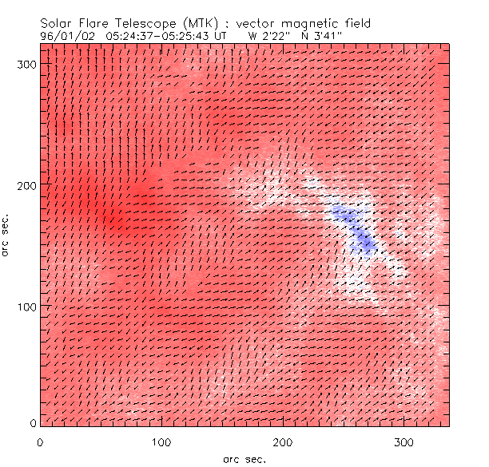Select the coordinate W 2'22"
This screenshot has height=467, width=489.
tap(268, 35)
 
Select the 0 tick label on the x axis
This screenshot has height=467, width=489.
tap(40, 441)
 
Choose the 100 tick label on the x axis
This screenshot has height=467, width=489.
tap(161, 441)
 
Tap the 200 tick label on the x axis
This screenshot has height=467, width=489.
tap(283, 441)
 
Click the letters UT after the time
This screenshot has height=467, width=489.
tap(227, 35)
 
